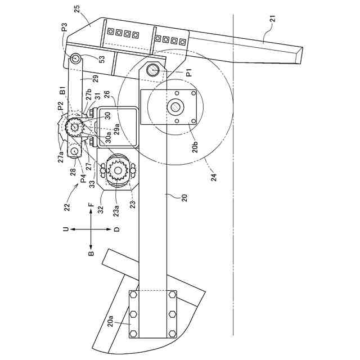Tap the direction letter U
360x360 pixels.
coord(65,230)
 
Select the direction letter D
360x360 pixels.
coord(117,230)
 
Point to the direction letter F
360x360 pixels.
coord(91,207)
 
